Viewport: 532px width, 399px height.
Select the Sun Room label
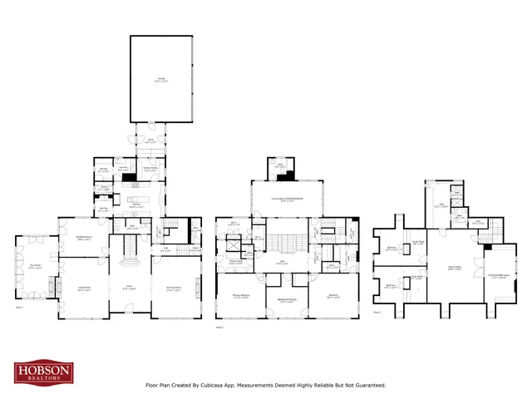(34, 268)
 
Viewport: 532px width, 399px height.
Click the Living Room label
(85, 288)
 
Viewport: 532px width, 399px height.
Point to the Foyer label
(129, 288)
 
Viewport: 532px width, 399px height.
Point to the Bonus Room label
(455, 268)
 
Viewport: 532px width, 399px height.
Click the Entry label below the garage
(150, 142)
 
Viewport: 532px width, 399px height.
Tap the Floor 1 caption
(19, 307)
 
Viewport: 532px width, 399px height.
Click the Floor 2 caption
(220, 328)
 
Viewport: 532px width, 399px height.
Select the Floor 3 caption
(377, 312)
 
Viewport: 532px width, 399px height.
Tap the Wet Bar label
(104, 211)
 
